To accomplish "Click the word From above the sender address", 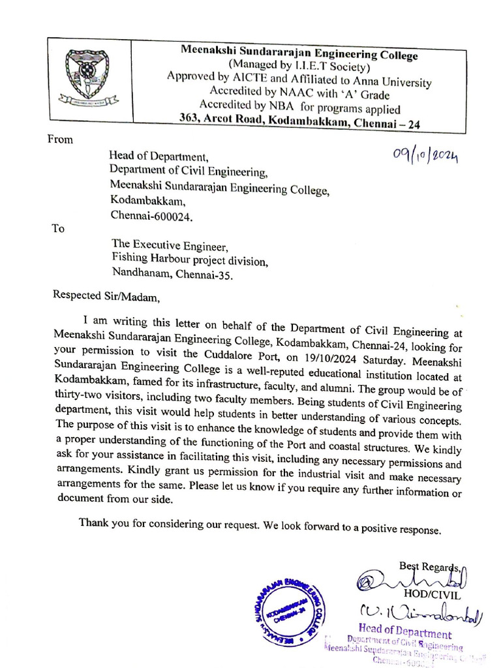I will (x=60, y=139).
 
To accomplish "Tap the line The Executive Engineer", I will (x=170, y=247).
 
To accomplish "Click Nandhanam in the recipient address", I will (x=140, y=274).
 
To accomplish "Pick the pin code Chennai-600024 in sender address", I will (x=151, y=215).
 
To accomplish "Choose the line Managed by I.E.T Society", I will (x=299, y=67).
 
